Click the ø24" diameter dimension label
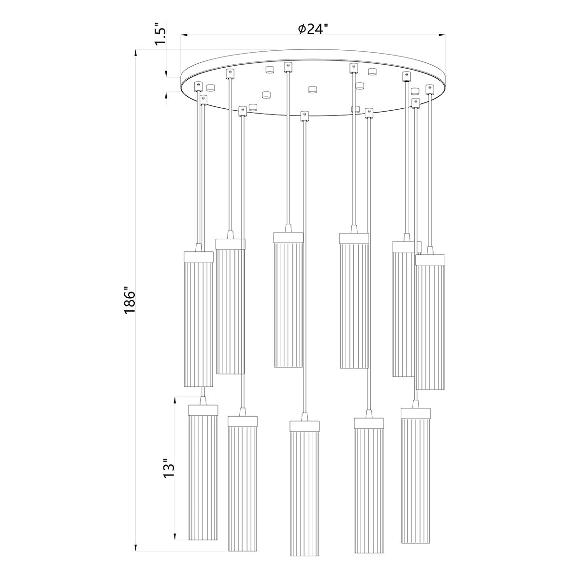[313, 29]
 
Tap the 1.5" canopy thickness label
[161, 35]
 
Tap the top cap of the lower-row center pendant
[304, 425]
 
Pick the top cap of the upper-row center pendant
[289, 237]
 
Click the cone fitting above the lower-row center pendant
[304, 417]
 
